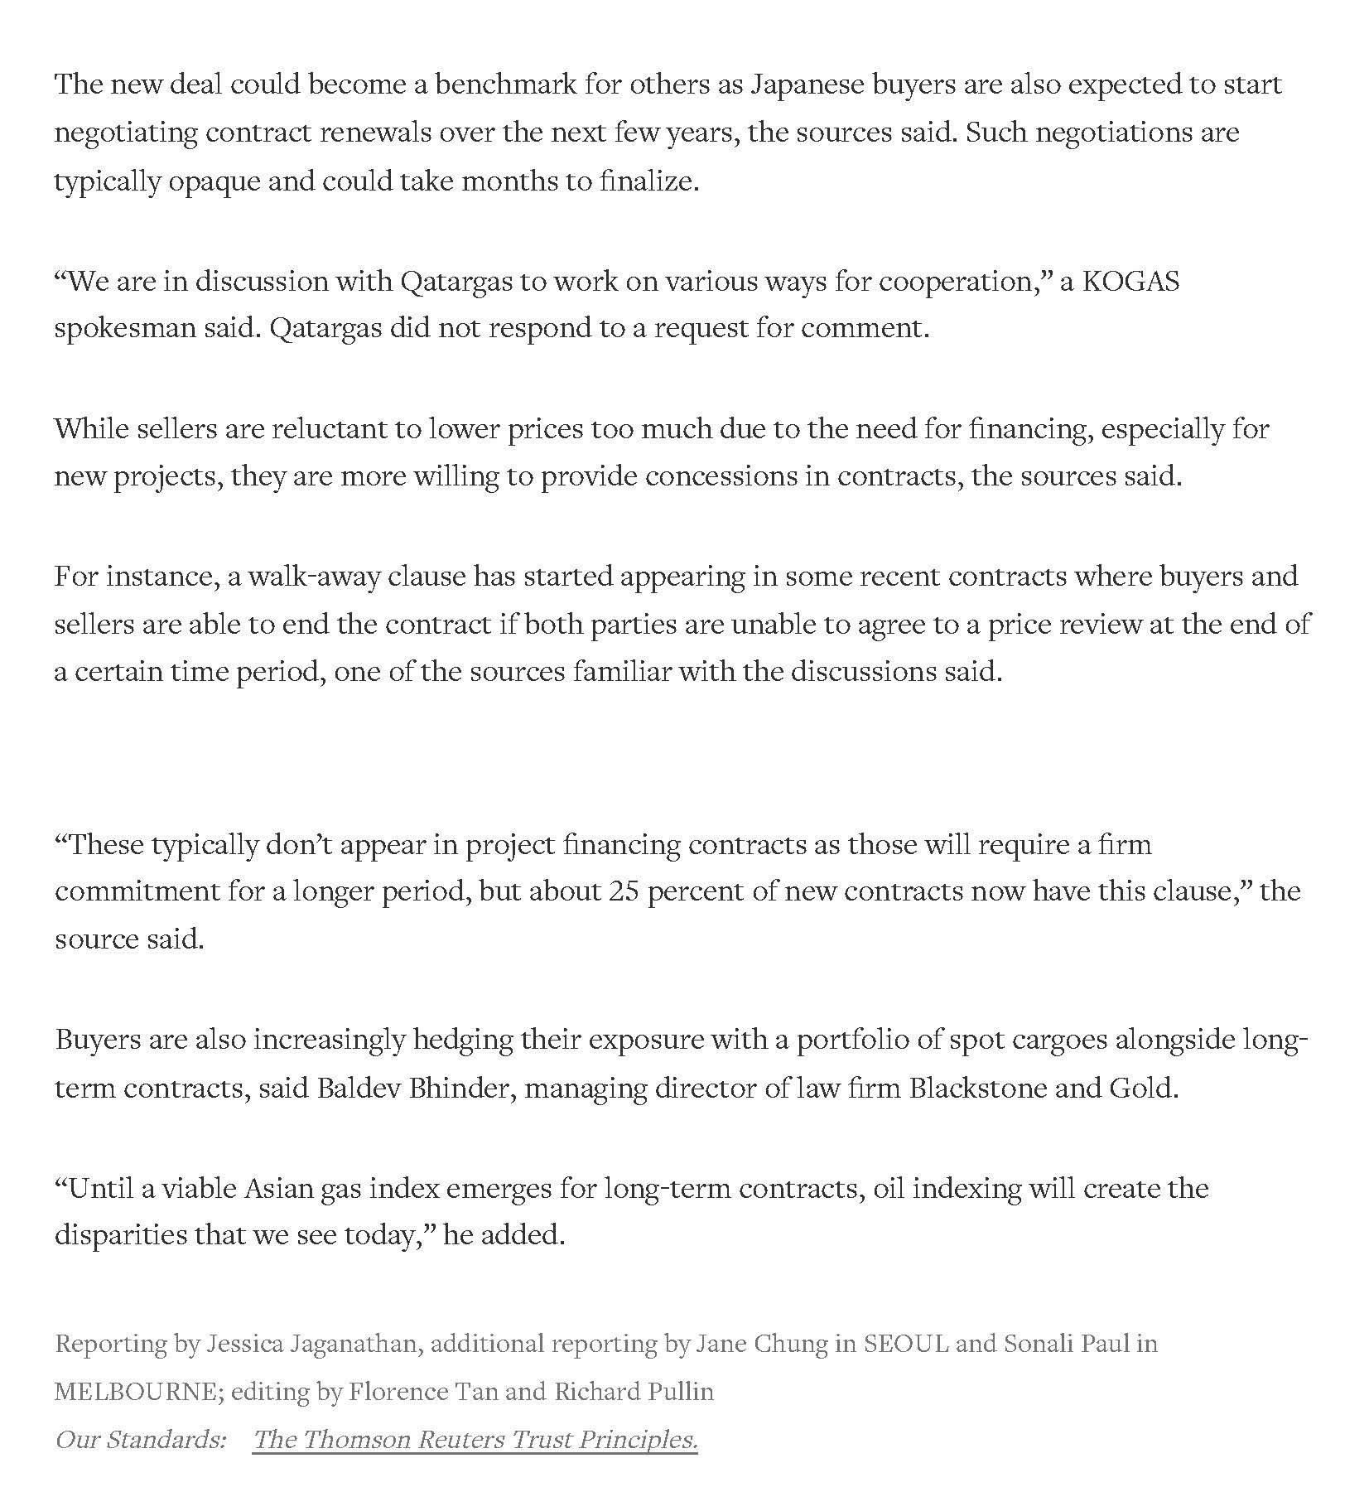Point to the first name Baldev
click(358, 1088)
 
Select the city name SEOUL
click(906, 1344)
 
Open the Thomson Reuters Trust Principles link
click(475, 1440)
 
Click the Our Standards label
click(140, 1440)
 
